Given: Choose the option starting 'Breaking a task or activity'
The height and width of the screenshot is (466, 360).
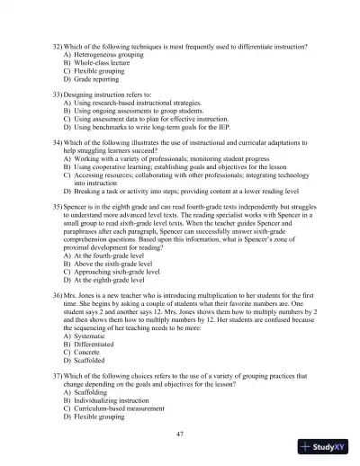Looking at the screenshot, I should (x=180, y=193).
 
